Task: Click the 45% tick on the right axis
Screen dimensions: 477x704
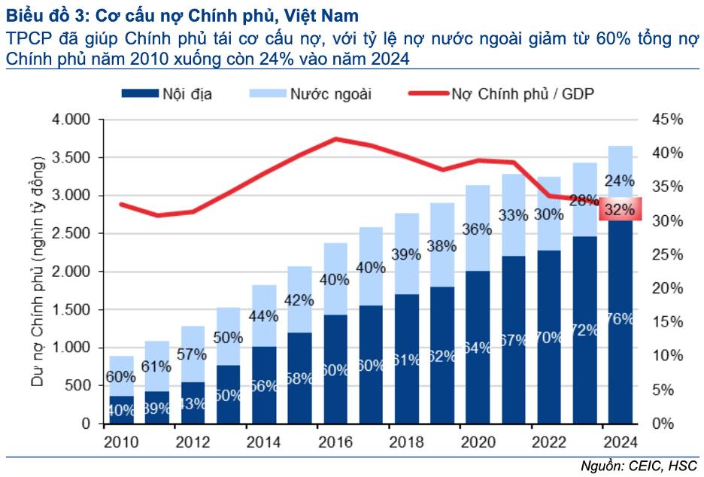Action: pyautogui.click(x=667, y=120)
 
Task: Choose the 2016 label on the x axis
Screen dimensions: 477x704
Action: pyautogui.click(x=335, y=442)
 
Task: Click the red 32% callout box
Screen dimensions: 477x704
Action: pyautogui.click(x=619, y=210)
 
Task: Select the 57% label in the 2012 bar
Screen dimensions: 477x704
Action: pyautogui.click(x=193, y=354)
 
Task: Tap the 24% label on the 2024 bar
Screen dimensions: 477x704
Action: pyautogui.click(x=619, y=181)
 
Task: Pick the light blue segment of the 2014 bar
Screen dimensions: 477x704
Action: pyautogui.click(x=264, y=316)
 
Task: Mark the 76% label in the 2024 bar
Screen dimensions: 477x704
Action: pyautogui.click(x=620, y=318)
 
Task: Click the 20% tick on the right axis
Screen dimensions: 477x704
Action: pyautogui.click(x=667, y=289)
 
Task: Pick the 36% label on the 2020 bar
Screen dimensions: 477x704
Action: pyautogui.click(x=478, y=229)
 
